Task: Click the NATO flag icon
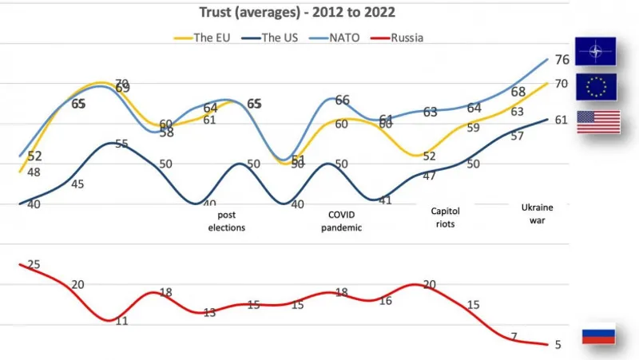[596, 53]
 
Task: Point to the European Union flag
[596, 87]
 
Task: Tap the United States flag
[598, 121]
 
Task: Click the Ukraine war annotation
[537, 213]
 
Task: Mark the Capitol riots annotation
[446, 217]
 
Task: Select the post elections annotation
[227, 220]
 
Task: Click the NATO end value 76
[562, 60]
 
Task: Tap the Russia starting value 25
[34, 264]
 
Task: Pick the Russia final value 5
[558, 345]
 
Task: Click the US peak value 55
[122, 144]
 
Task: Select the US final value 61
[561, 121]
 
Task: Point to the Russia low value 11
[122, 321]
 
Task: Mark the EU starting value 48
[34, 172]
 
